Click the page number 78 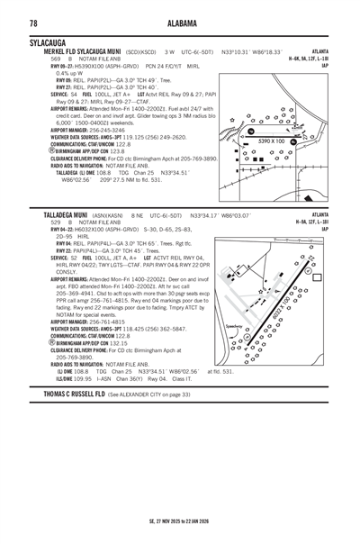tap(33, 22)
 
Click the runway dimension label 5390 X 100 tap(278, 141)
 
